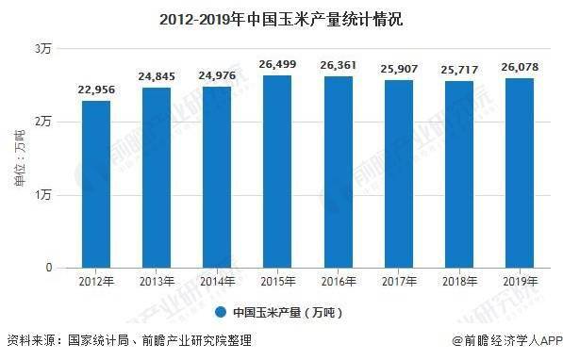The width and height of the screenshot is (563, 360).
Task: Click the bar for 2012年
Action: tap(96, 184)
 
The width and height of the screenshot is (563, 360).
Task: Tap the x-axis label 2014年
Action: tap(218, 282)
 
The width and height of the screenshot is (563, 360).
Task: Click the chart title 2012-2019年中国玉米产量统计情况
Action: tap(281, 17)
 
